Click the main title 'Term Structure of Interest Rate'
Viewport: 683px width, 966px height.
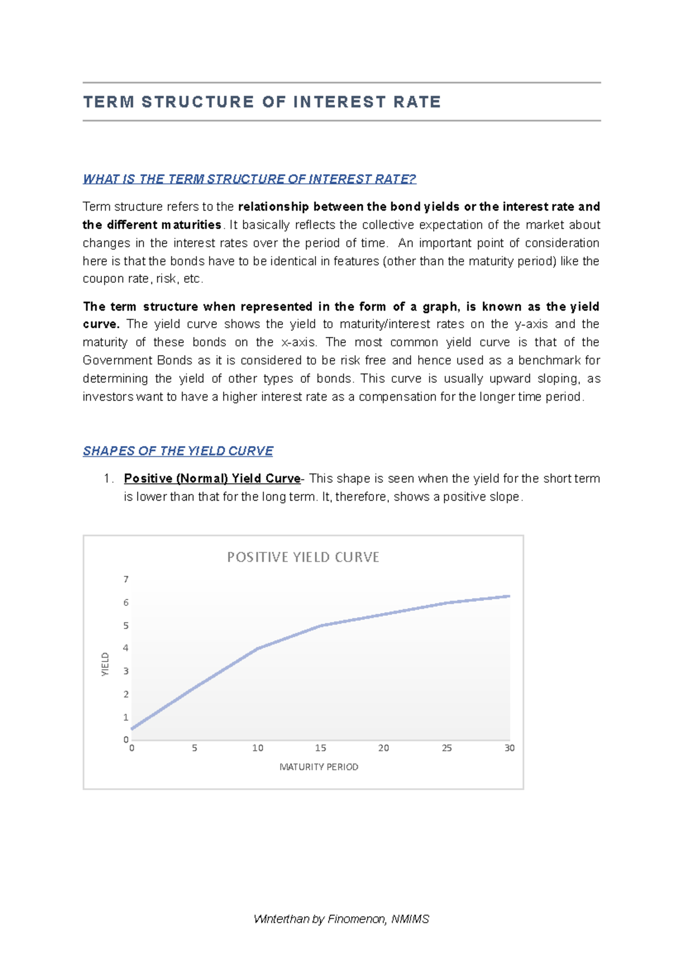coord(262,102)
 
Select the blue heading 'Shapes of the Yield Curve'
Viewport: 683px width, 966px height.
coord(178,451)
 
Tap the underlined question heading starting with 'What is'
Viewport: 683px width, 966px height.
coord(249,179)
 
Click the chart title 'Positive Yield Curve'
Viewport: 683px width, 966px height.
coord(303,558)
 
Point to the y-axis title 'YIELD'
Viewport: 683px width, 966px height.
coord(105,664)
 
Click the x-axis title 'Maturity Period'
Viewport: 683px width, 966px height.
coord(319,767)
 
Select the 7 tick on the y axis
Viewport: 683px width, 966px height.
coord(126,580)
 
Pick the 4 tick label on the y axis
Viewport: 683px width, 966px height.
coord(126,648)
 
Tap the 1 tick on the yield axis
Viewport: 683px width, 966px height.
coord(126,717)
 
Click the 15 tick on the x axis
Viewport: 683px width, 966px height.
coord(320,748)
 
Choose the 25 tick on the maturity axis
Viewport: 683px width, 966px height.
coord(447,748)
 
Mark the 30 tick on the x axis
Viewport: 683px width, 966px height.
coord(509,748)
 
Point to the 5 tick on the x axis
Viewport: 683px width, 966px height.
coord(195,748)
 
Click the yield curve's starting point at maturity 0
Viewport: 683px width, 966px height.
coord(132,729)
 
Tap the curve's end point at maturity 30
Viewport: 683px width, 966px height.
coord(509,596)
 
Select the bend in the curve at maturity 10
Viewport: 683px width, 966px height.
coord(258,649)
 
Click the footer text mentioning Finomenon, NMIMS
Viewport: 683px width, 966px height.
coord(341,919)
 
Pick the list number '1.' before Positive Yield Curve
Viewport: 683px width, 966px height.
coord(109,478)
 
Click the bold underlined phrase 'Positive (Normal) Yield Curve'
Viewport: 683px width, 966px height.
coord(212,478)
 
